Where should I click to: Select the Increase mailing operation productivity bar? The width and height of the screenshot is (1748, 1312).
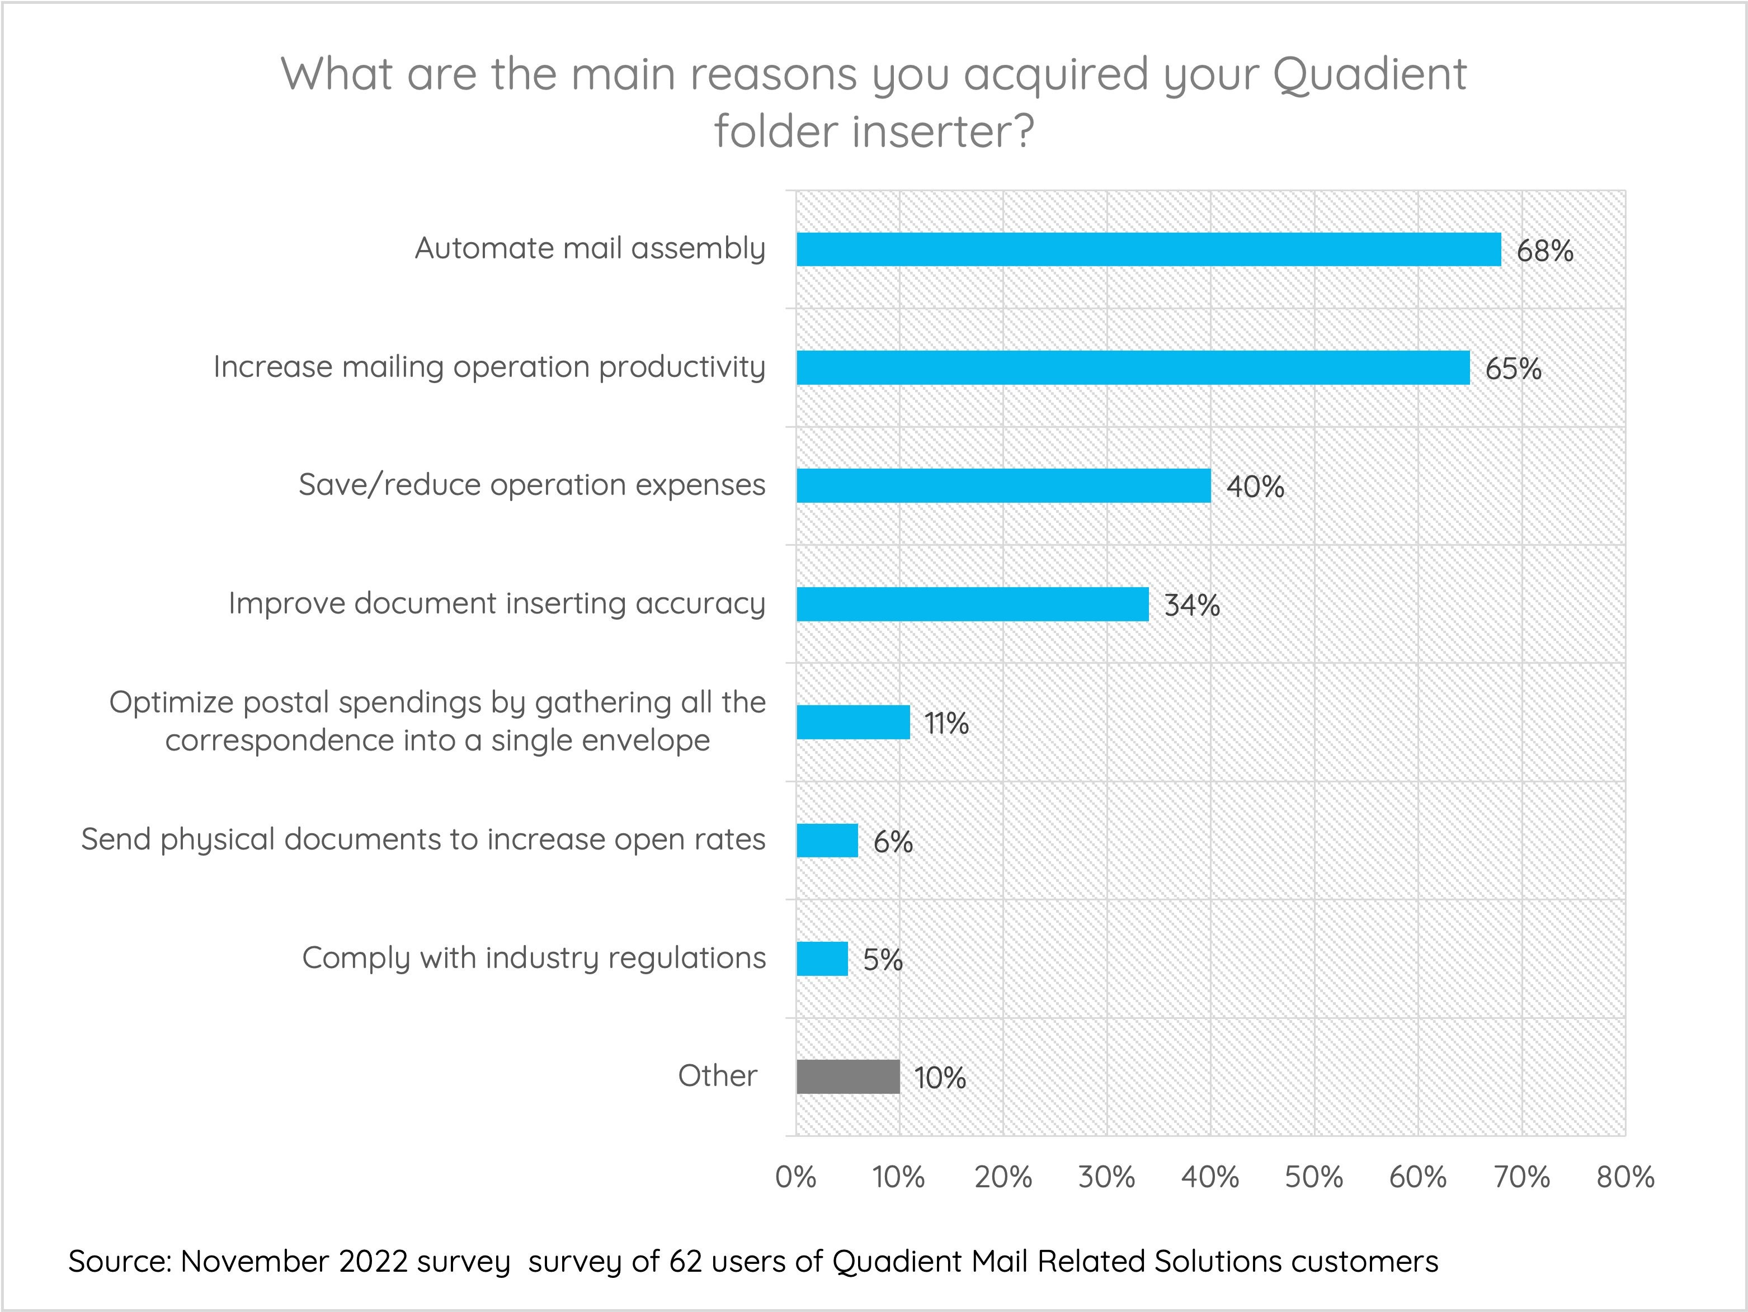point(1132,368)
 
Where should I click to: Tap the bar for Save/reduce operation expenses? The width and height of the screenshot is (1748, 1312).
point(1003,486)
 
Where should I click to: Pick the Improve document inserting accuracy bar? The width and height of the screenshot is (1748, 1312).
point(972,604)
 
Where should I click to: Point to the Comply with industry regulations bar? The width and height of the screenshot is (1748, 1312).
point(822,959)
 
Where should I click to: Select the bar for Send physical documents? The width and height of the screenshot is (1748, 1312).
point(827,841)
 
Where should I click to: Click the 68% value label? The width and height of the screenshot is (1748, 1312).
point(1544,251)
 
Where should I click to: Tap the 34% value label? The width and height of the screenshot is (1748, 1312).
point(1191,606)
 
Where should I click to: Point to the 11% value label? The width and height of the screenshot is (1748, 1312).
point(946,724)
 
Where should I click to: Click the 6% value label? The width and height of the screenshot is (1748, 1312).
point(893,842)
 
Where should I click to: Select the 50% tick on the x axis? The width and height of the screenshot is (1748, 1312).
point(1313,1178)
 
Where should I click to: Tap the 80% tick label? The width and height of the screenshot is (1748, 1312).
point(1625,1178)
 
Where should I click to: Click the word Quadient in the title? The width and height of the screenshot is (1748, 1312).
point(1369,74)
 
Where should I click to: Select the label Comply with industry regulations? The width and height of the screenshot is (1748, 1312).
point(534,958)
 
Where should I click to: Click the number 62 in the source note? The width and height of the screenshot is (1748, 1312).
point(685,1262)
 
